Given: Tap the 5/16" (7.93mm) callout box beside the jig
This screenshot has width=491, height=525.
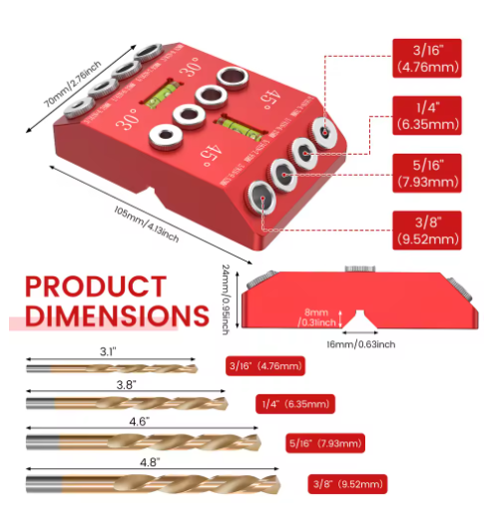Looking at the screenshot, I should [x=426, y=173].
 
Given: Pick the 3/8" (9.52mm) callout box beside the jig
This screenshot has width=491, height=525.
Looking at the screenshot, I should [x=426, y=231].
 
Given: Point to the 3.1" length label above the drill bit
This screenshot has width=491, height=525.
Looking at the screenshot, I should [x=109, y=351].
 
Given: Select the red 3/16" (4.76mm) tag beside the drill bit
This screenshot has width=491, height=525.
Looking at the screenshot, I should [x=264, y=366].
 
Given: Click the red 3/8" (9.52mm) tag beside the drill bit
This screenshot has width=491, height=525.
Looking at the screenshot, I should [x=345, y=484].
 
